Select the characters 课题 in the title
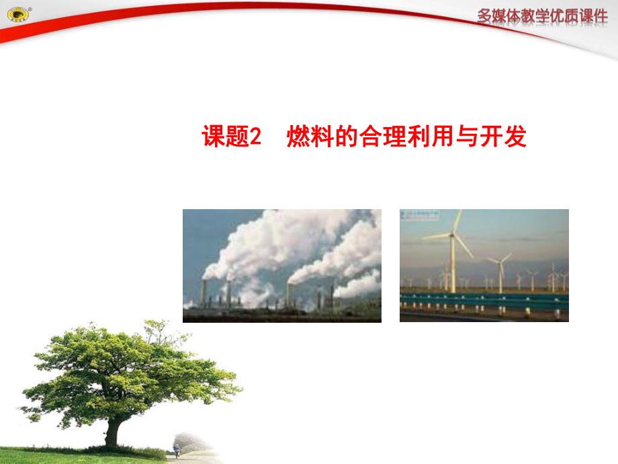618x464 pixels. coord(226,137)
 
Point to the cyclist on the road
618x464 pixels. coord(176,449)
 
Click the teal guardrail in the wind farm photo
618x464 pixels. coord(484,301)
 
